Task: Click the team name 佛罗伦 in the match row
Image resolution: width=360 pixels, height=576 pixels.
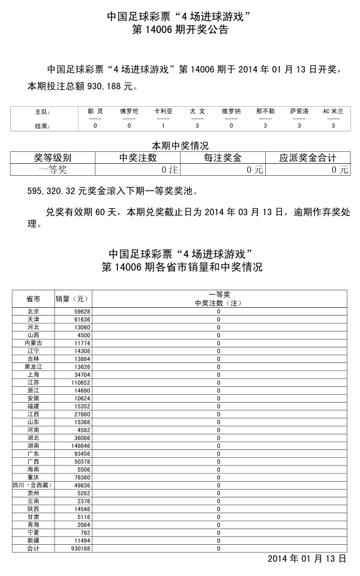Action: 129,111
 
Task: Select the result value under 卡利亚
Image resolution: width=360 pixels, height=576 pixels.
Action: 163,125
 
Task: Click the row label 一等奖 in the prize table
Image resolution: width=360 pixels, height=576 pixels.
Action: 53,169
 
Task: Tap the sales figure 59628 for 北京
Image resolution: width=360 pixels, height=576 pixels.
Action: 82,311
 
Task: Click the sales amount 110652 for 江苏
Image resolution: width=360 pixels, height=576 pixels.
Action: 80,382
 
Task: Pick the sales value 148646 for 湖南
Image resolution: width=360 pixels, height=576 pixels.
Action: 80,446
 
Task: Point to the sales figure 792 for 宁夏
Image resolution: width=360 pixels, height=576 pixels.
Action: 85,532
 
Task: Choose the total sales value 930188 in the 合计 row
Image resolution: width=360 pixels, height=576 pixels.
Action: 80,548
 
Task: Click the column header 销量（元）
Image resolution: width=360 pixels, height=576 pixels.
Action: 72,299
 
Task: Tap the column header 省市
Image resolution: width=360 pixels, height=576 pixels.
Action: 34,299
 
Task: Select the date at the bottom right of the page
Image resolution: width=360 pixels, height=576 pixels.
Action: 307,559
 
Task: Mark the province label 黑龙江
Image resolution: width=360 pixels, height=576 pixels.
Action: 34,367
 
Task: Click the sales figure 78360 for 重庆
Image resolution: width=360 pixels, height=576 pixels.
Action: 82,477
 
